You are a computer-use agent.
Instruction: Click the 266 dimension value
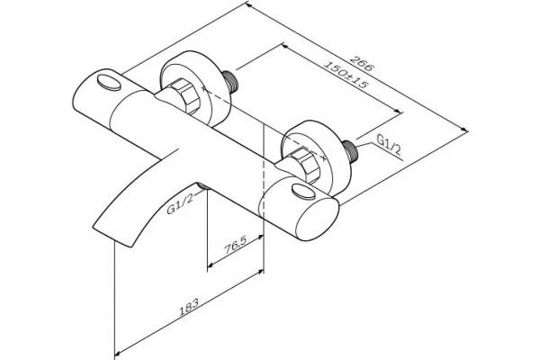[362, 63]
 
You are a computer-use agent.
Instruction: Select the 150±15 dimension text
[346, 75]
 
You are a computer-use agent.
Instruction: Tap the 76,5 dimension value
[235, 246]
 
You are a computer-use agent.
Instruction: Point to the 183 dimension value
[189, 307]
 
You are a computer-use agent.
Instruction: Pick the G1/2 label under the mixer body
[180, 203]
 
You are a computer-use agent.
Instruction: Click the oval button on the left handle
[108, 82]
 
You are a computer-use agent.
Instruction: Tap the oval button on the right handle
[303, 192]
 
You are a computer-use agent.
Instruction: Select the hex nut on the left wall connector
[185, 96]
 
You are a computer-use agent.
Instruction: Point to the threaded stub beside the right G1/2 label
[351, 150]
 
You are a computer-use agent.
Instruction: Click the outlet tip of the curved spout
[112, 238]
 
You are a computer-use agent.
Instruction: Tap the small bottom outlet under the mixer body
[202, 186]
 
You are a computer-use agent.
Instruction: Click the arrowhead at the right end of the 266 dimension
[465, 130]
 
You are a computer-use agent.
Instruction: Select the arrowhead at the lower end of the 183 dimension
[117, 353]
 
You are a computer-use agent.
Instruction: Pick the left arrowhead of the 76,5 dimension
[211, 265]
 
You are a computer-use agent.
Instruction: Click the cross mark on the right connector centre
[323, 157]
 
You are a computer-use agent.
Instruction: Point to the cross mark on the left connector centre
[204, 88]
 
